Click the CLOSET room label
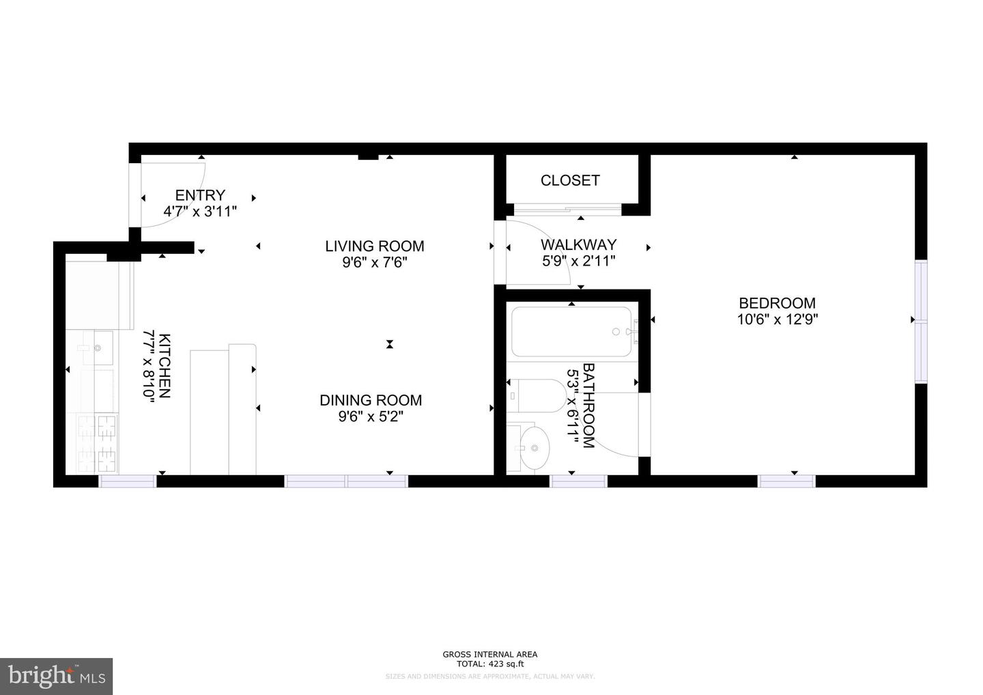click(570, 180)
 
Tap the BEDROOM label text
click(777, 303)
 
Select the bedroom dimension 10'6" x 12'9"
click(777, 319)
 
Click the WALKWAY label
click(578, 244)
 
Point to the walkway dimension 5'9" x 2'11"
click(578, 260)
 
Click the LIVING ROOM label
click(374, 246)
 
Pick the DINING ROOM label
click(371, 400)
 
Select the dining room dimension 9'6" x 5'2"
click(371, 416)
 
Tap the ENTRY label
click(200, 195)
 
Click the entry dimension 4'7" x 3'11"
click(200, 211)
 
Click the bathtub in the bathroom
click(572, 332)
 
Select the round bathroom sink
click(532, 448)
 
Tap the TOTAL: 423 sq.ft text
click(490, 664)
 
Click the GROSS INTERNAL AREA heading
click(490, 655)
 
